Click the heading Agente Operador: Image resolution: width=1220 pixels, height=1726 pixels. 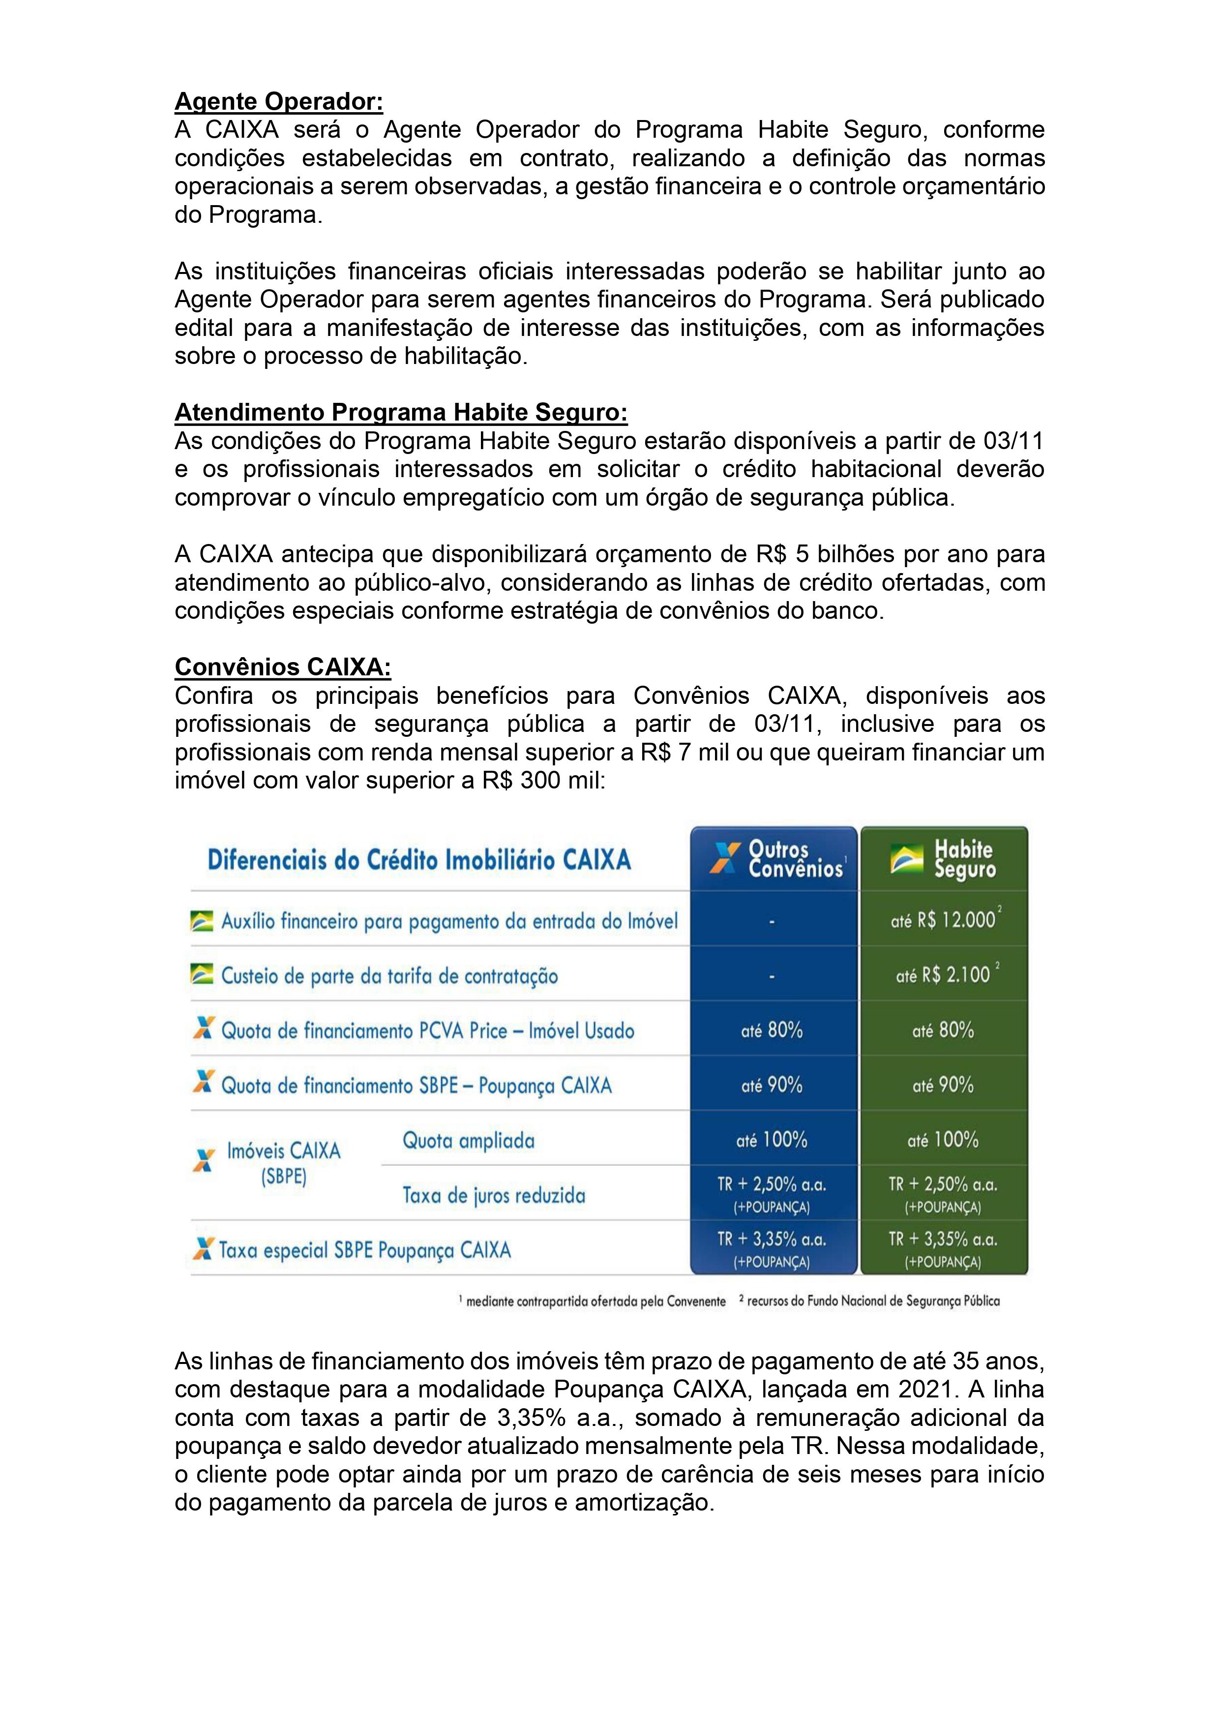tap(278, 101)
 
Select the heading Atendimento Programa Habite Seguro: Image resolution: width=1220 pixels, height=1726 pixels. tap(401, 412)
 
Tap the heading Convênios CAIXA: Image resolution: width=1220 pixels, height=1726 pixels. tap(283, 667)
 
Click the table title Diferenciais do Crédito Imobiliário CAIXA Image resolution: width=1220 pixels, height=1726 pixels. tap(418, 860)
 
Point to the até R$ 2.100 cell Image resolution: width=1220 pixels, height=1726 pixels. tap(944, 975)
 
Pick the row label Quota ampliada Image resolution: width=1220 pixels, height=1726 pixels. tap(468, 1140)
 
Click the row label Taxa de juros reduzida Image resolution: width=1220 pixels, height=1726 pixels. tap(493, 1195)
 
